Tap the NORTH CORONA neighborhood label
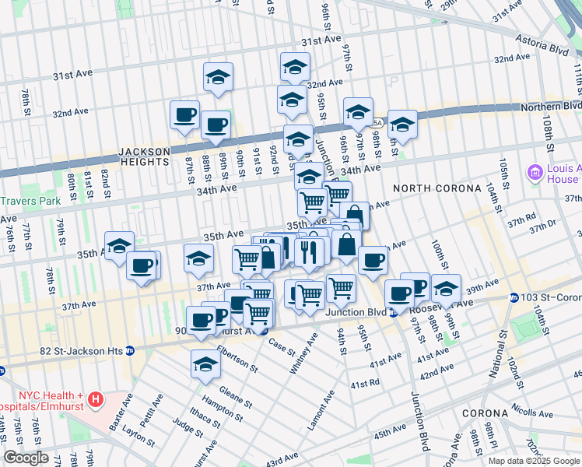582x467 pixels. [429, 188]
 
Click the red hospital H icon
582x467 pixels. [95, 400]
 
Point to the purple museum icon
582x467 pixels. [535, 172]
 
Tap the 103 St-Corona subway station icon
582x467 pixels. [514, 298]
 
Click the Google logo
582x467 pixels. [26, 458]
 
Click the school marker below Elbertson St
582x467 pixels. [205, 363]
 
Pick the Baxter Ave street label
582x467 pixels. [120, 412]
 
